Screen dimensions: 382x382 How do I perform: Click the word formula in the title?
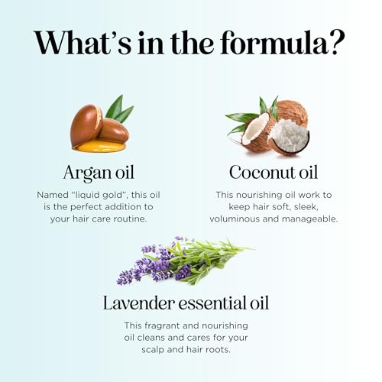pyautogui.click(x=274, y=42)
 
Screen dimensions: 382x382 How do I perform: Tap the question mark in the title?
pyautogui.click(x=338, y=43)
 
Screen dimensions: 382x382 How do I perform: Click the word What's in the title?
pyautogui.click(x=83, y=43)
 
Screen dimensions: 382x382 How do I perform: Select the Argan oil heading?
pyautogui.click(x=99, y=173)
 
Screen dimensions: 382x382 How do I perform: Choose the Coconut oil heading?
pyautogui.click(x=274, y=173)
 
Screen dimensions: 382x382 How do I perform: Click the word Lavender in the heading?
pyautogui.click(x=139, y=303)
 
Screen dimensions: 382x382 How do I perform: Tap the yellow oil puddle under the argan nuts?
pyautogui.click(x=99, y=147)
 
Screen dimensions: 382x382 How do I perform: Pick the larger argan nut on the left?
pyautogui.click(x=86, y=125)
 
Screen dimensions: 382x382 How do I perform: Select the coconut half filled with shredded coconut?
pyautogui.click(x=290, y=137)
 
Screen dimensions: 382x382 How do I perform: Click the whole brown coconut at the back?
pyautogui.click(x=292, y=112)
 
